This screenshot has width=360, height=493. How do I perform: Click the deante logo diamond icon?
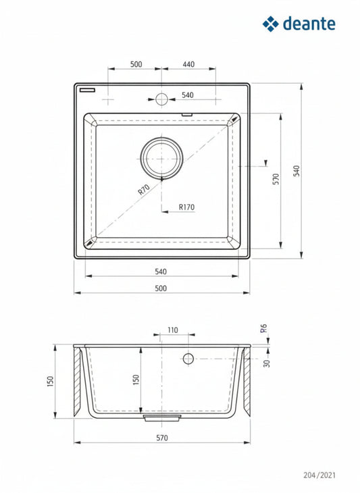[270, 24]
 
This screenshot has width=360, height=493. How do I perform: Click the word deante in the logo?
[309, 24]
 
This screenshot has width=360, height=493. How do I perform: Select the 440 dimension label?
[188, 64]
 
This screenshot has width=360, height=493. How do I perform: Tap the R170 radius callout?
[186, 207]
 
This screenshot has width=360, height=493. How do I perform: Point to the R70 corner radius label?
[144, 190]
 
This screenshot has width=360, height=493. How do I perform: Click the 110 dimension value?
[173, 330]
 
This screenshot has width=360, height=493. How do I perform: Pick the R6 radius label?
[263, 328]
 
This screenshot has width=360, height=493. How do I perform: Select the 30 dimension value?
[267, 363]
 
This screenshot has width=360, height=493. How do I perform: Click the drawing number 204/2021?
[319, 475]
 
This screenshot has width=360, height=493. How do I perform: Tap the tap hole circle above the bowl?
[161, 99]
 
